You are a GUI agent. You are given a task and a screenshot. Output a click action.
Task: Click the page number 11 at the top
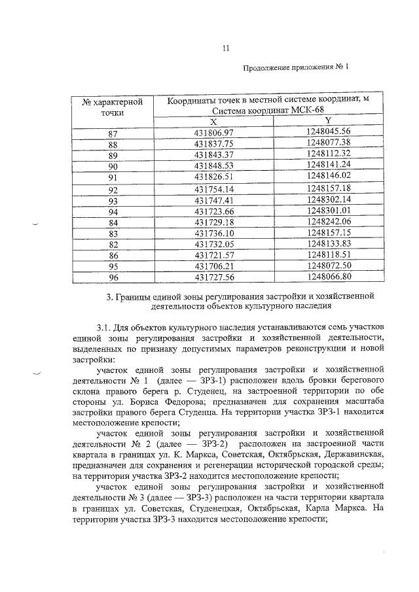point(225,47)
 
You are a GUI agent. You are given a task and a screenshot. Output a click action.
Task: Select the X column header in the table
point(213,122)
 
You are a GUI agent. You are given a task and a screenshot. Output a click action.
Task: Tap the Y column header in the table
point(328,122)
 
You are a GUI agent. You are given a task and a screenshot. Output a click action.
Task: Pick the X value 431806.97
point(213,133)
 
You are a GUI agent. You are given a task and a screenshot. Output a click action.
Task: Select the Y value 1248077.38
point(329,143)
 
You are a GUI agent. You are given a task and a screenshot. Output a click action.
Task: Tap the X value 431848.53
point(213,166)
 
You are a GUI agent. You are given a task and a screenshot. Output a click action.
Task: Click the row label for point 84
point(113,222)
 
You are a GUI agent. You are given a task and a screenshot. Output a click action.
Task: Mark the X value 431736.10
point(213,234)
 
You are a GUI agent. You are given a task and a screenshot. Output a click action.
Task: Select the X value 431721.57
point(213,256)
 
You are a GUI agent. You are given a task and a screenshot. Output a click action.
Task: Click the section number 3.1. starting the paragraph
point(104,326)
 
